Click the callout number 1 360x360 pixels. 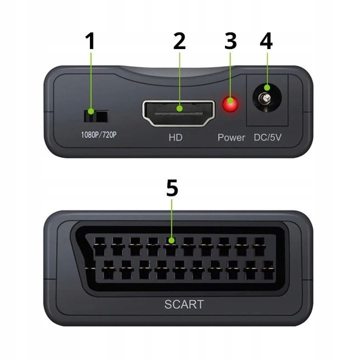(x=90, y=41)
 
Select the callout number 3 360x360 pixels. (x=230, y=41)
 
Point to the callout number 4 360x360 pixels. (x=266, y=41)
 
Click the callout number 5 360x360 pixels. (x=171, y=188)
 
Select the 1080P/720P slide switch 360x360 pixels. (x=95, y=116)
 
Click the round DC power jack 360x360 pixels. (x=266, y=98)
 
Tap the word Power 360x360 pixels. (x=231, y=137)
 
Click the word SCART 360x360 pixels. (x=184, y=303)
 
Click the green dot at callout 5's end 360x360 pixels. (x=171, y=241)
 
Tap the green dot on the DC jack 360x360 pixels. (x=267, y=88)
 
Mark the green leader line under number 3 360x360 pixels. (x=230, y=75)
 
